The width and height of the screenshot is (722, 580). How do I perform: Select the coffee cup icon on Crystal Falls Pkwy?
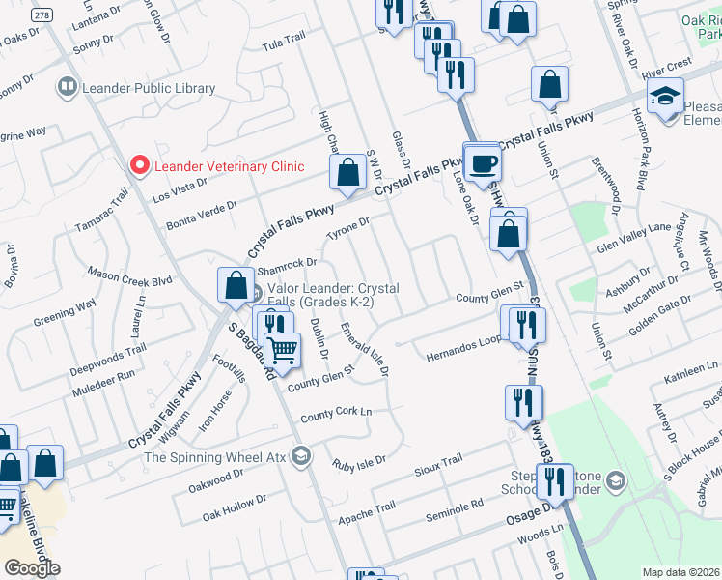coord(482,161)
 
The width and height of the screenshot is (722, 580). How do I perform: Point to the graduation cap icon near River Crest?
coord(665,98)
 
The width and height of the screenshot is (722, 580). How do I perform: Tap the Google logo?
coord(32,568)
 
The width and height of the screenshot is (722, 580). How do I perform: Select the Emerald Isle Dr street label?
coord(365,350)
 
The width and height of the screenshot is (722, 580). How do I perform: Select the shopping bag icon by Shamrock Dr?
coord(236,285)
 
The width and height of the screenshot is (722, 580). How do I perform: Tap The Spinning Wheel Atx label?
coord(215,456)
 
